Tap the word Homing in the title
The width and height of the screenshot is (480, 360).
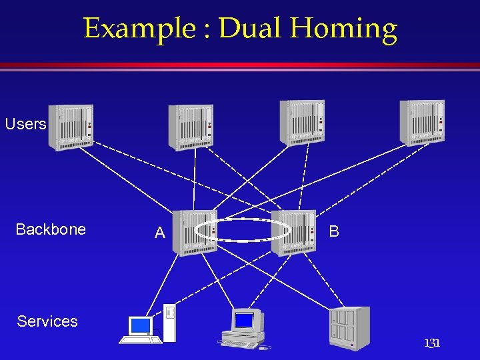point(345,29)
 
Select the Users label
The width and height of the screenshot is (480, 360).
point(25,124)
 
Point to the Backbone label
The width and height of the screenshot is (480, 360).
point(51,229)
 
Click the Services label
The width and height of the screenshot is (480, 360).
point(47,321)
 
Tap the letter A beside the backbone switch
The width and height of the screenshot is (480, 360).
point(160,233)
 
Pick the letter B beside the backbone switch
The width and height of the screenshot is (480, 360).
point(334,231)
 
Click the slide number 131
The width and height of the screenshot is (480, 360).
point(432,343)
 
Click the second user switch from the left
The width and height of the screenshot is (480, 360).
point(191,127)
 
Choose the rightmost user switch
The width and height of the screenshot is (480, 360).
point(422,122)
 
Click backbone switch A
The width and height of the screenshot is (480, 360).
point(194,232)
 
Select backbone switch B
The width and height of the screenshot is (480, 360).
point(294,231)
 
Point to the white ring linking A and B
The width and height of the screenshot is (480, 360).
point(243,219)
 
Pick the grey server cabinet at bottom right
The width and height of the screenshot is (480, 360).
point(349,327)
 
